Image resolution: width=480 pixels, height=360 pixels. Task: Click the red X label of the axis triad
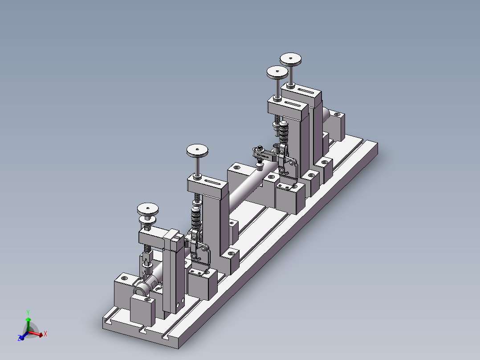point(45,333)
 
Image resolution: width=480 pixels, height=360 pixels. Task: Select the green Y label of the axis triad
point(28,312)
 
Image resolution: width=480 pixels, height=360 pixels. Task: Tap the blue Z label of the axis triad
point(20,339)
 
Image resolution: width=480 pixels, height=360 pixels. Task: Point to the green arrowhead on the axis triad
point(28,319)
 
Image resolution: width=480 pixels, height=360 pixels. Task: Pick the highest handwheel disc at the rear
point(291,58)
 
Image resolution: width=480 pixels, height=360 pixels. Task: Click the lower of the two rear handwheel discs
point(277,72)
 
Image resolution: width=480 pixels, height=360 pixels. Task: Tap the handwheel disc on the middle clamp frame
point(197,151)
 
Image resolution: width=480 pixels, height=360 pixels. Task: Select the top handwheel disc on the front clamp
point(148,208)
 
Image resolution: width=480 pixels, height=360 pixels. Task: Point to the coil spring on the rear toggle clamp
point(284,131)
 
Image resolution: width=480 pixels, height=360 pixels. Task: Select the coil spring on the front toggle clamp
point(195,217)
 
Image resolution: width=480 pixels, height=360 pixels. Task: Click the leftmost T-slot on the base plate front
point(108,321)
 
